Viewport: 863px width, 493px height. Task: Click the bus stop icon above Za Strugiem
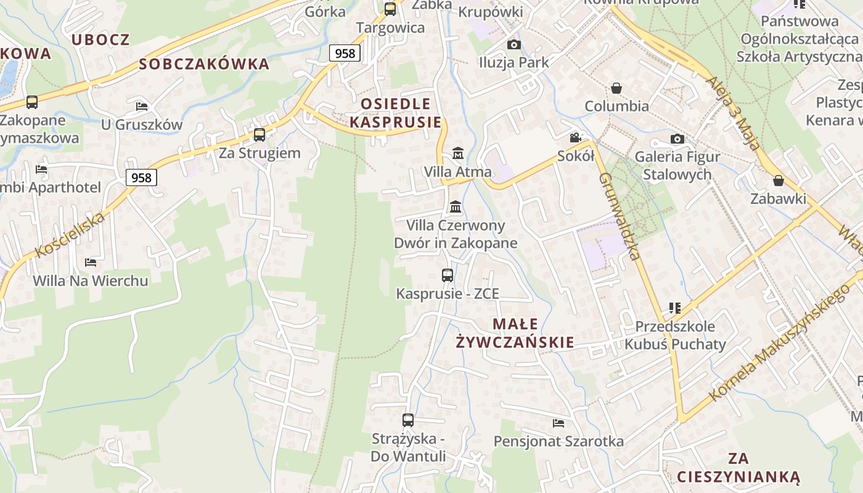[260, 135]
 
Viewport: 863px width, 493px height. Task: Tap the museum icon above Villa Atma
[458, 153]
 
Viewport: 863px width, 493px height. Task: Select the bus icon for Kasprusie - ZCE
[448, 275]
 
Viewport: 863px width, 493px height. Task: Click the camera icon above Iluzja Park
[513, 44]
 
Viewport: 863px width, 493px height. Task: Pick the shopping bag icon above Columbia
[616, 88]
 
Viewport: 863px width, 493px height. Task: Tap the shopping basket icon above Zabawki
[779, 181]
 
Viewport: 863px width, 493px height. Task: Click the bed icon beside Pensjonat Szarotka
[558, 423]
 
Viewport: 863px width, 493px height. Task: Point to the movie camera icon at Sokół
[575, 138]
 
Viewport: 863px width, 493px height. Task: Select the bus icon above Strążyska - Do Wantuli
[408, 420]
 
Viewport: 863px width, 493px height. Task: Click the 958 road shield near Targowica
[345, 53]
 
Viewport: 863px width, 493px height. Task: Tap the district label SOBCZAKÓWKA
[204, 64]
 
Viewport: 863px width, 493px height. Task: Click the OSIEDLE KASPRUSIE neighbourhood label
[395, 113]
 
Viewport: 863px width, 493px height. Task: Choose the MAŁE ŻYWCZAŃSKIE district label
[515, 333]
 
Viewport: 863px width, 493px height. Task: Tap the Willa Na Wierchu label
[91, 281]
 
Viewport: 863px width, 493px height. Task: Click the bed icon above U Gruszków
[142, 107]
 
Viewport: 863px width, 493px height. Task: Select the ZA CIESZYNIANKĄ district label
[738, 468]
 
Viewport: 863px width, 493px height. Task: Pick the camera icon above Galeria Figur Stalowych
[677, 139]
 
